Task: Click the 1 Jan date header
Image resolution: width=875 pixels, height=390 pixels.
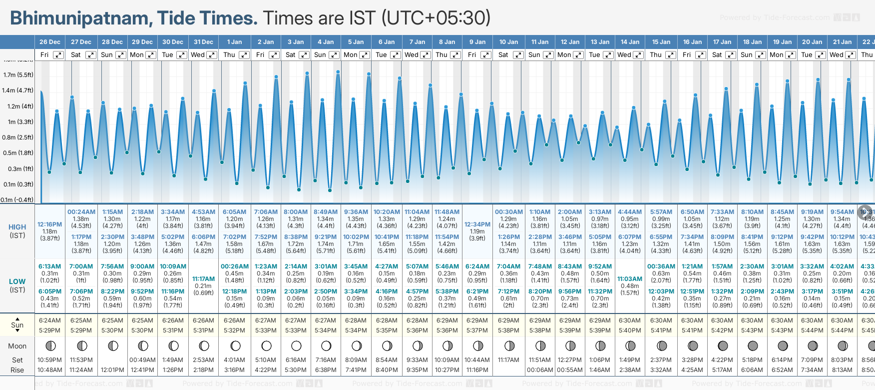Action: click(x=234, y=42)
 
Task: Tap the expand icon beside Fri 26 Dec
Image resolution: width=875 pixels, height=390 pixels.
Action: click(x=59, y=55)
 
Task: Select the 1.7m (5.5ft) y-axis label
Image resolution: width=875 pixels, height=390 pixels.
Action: click(x=18, y=75)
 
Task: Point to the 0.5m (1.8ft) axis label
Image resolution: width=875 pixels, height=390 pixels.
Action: click(x=18, y=153)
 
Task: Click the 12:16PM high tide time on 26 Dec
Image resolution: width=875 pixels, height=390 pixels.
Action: click(x=50, y=224)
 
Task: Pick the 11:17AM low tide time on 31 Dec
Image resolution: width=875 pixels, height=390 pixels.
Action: click(x=203, y=279)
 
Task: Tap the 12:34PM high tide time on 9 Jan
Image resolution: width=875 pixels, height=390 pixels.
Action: click(x=477, y=224)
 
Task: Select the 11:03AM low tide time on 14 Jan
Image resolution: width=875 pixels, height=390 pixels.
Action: click(x=630, y=279)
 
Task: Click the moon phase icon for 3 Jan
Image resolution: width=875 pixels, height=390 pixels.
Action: click(x=296, y=345)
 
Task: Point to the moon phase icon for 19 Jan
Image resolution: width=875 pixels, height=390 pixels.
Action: click(x=783, y=345)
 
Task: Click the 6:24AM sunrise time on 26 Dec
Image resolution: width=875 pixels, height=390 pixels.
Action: click(x=50, y=320)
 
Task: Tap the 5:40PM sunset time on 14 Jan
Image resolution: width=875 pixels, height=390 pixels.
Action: click(x=630, y=330)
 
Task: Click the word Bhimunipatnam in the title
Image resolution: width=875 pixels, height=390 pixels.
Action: click(x=79, y=18)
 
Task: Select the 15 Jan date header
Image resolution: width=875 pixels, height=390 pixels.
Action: click(x=661, y=42)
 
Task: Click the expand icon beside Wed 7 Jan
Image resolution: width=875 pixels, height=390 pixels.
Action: click(x=426, y=55)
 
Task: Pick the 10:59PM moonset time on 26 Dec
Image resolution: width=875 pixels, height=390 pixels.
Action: click(x=50, y=360)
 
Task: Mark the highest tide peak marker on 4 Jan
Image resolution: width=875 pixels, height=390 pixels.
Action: click(x=338, y=72)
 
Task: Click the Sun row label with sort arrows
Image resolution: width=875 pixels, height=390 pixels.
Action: click(x=17, y=325)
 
